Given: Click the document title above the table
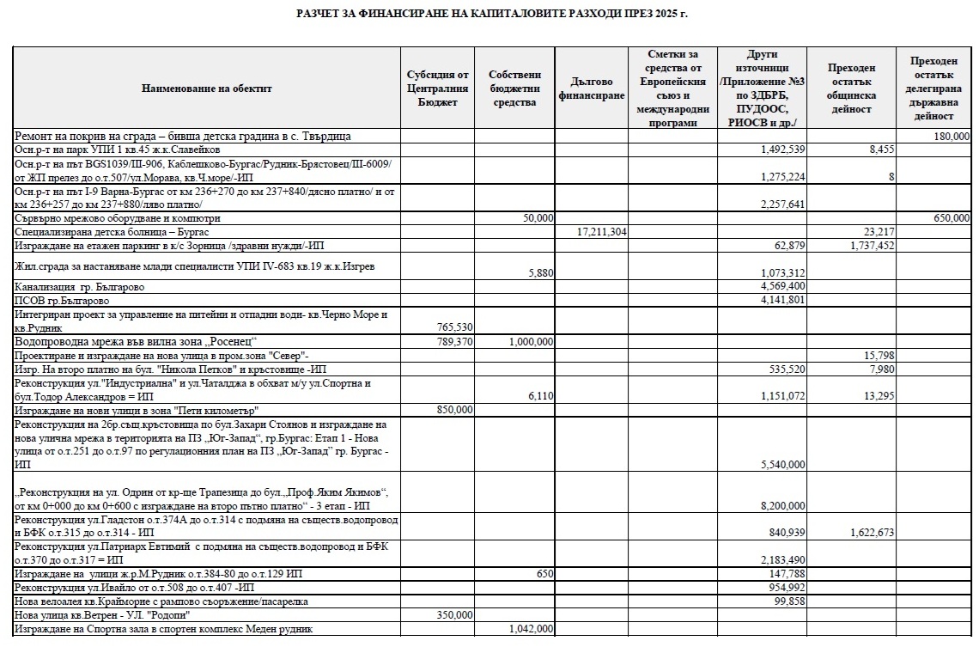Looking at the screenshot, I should (492, 13).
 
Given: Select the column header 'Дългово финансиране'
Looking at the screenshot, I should (591, 89).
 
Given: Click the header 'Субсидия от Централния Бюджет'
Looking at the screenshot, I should (438, 89).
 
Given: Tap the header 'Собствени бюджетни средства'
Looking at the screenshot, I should (514, 89).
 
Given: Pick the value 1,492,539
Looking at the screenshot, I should (782, 150).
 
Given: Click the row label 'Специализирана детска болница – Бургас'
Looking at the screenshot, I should (112, 233).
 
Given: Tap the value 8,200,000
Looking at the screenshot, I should (782, 506).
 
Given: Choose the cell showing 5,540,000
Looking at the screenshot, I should (782, 465).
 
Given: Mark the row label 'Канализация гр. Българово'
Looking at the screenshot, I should (80, 286).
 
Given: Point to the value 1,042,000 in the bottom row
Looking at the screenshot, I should (530, 629).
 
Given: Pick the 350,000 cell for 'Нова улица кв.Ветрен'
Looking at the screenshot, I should (453, 615).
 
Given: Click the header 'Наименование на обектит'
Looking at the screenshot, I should (207, 89).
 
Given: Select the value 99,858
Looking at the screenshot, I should (787, 601).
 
